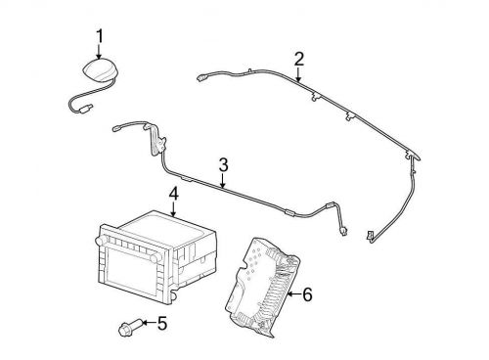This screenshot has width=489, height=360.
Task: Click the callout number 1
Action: click(x=100, y=36)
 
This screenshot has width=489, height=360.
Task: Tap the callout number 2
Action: click(x=298, y=59)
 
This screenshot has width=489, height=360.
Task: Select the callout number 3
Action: click(x=223, y=165)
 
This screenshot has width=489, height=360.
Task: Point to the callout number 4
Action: click(x=174, y=194)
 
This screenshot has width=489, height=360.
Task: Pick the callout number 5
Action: click(x=162, y=323)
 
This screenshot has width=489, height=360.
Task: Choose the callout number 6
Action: click(x=307, y=294)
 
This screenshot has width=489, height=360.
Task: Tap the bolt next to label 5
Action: click(x=129, y=328)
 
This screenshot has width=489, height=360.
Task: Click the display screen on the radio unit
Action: click(x=130, y=269)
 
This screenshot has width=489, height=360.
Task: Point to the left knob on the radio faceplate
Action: click(x=99, y=241)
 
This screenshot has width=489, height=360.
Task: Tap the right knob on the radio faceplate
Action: click(x=155, y=257)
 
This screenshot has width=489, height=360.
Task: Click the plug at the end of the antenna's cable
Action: click(x=87, y=107)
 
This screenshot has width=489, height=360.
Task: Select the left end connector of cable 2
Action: click(x=201, y=78)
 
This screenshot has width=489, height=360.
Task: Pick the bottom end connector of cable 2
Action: click(x=370, y=236)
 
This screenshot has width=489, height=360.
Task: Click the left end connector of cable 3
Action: click(x=116, y=129)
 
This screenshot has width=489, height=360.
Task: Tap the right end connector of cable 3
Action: click(x=343, y=231)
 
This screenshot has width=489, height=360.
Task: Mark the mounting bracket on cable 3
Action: click(x=158, y=140)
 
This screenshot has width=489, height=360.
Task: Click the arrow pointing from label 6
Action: click(x=294, y=294)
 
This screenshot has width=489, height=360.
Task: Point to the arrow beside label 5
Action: click(x=149, y=323)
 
